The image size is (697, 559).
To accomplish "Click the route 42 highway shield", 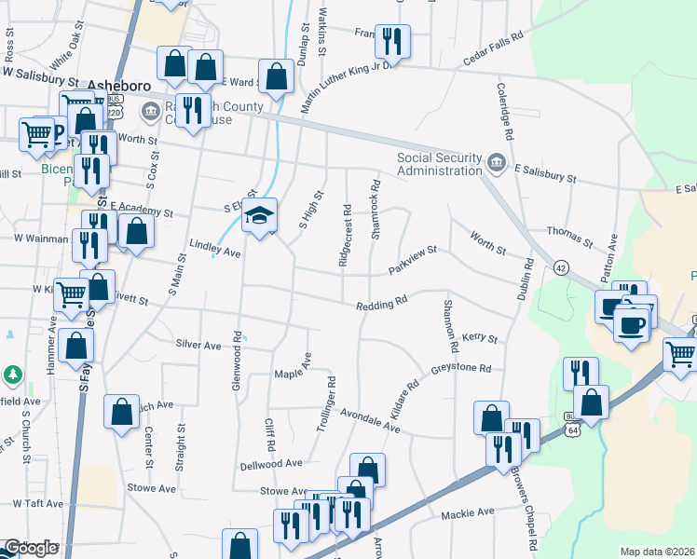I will coord(560,266).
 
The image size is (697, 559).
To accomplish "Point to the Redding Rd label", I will coord(382,304).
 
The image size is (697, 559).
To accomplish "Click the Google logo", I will coord(30,549).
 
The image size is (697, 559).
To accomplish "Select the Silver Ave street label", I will coord(198,345).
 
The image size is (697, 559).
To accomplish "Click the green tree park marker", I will coord(13,375).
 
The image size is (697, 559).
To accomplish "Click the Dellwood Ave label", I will coord(271,463).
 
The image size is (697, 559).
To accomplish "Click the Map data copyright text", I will coord(657,552).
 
